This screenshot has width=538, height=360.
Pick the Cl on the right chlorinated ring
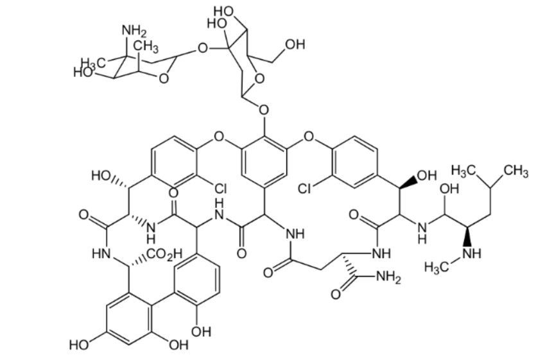coord(306,189)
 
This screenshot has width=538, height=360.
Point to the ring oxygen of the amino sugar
coord(164,80)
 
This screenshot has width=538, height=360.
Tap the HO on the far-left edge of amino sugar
coord(84,72)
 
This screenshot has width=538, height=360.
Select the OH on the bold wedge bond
coord(426,174)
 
